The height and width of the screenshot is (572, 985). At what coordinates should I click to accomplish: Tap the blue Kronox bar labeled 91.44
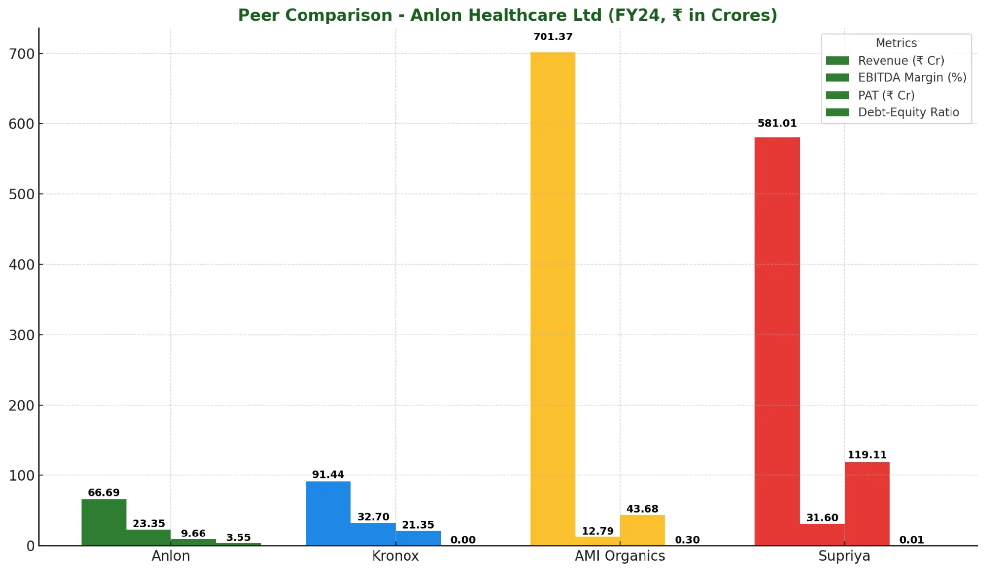coord(328,513)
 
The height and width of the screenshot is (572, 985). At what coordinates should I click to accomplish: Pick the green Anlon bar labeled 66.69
coord(103,522)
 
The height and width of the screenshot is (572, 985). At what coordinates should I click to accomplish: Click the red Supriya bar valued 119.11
coord(867,503)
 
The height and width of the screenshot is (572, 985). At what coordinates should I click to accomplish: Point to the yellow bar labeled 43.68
coord(642,530)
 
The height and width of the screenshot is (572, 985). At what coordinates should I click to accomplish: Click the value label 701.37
coord(552,37)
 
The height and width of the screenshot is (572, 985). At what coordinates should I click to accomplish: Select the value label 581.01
coord(777,123)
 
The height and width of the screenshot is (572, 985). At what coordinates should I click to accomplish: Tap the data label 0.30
coord(687,540)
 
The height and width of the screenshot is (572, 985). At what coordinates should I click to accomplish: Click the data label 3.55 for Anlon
coord(238,537)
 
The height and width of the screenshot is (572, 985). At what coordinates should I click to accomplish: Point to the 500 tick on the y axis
coord(22,194)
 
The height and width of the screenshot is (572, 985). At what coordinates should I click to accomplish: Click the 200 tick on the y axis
coord(22,405)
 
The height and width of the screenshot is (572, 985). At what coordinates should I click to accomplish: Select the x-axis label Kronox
coord(395,556)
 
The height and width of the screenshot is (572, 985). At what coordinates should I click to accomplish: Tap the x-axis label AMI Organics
coord(619,556)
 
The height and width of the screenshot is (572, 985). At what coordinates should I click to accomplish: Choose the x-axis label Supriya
coord(844,556)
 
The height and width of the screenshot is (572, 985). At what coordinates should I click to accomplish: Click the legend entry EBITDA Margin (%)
coord(912,78)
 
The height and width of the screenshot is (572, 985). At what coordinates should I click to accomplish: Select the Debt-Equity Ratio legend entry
coord(908,112)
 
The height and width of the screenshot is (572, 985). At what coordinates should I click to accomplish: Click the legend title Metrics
coord(896,43)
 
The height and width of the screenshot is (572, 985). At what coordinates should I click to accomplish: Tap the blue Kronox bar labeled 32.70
coord(373,534)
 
